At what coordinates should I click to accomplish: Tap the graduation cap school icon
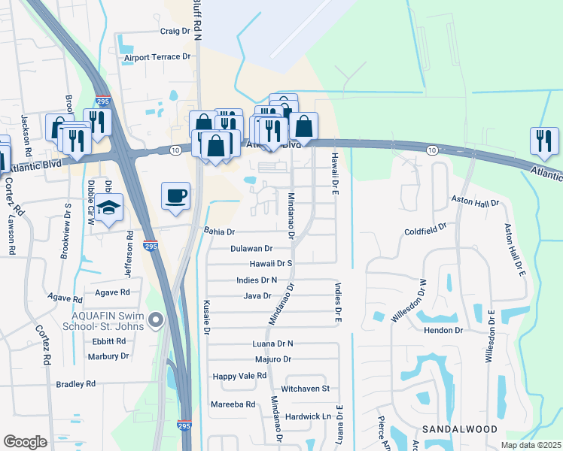tap(109, 207)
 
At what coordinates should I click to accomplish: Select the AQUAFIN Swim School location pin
tap(156, 321)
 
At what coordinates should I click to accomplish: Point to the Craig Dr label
tap(175, 32)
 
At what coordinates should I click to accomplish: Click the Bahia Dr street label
tap(220, 232)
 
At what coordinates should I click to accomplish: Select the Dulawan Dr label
tap(251, 248)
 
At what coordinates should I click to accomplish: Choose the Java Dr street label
tap(257, 296)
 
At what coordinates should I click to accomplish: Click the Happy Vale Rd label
tap(239, 376)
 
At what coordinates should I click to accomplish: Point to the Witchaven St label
tap(306, 389)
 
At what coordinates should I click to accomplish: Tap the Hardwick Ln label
tap(308, 416)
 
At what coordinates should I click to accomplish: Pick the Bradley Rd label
tap(76, 384)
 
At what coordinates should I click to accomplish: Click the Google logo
tap(25, 443)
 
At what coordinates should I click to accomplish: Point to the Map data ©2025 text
tap(531, 445)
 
